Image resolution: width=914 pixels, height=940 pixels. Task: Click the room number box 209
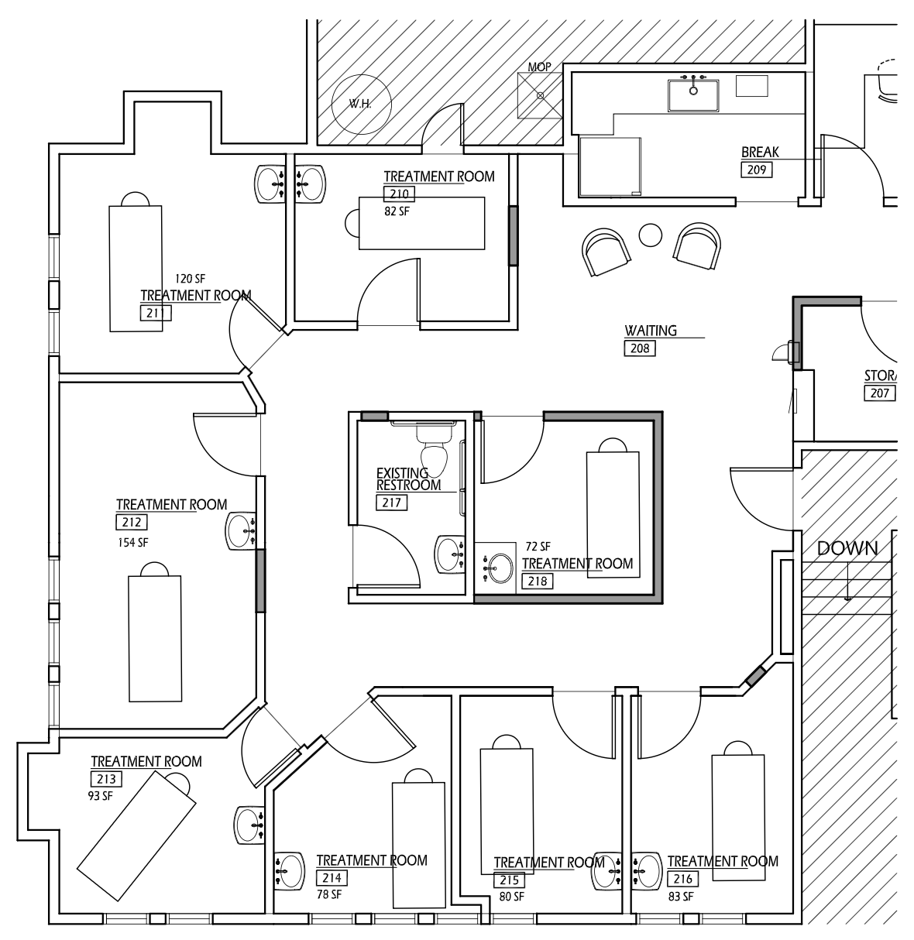(757, 169)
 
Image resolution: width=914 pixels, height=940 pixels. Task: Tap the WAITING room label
(651, 331)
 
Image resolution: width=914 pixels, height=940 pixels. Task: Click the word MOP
(539, 67)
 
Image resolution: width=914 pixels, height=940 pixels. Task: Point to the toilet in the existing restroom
(435, 452)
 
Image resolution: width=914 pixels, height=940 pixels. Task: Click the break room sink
(693, 91)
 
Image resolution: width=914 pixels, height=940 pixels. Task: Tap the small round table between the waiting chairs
(651, 234)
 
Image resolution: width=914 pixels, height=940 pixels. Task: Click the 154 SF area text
(132, 542)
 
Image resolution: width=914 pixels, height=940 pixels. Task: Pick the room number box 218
(537, 581)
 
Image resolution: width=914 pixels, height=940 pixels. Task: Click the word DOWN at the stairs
(847, 548)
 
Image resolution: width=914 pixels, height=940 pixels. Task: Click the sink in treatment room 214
(288, 870)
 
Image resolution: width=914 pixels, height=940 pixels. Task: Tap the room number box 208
(640, 348)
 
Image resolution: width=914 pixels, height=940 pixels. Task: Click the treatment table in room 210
(421, 223)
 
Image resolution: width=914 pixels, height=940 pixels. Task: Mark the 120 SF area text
(189, 279)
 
